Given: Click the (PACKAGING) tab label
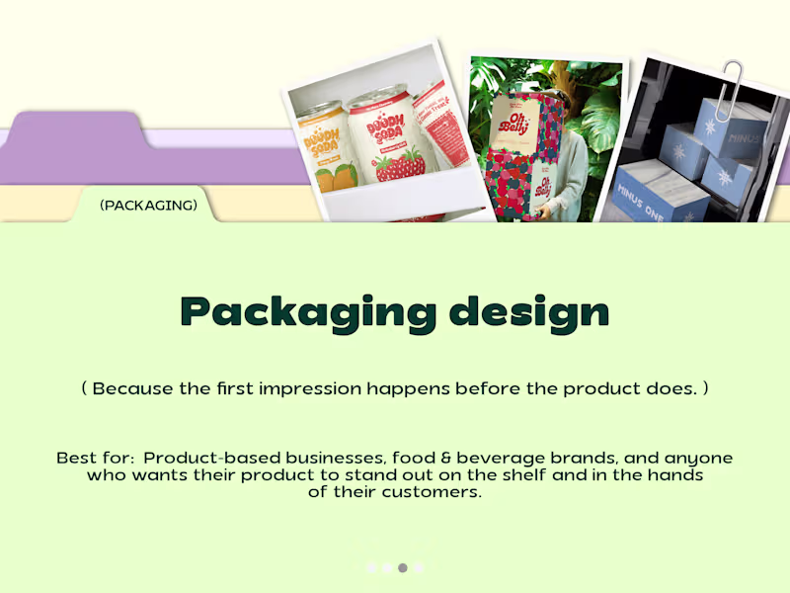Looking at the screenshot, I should pos(148,206).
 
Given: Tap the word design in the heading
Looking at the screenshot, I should pos(529,312).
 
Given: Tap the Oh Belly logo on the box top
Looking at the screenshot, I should pos(519,124).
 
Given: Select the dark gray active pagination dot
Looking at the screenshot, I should pos(402,567).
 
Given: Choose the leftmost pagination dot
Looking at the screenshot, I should pos(370,567).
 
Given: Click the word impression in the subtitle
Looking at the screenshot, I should pos(310,388).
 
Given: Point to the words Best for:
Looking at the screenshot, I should pos(96,459).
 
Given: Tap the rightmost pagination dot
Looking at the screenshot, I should pos(418,567).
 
